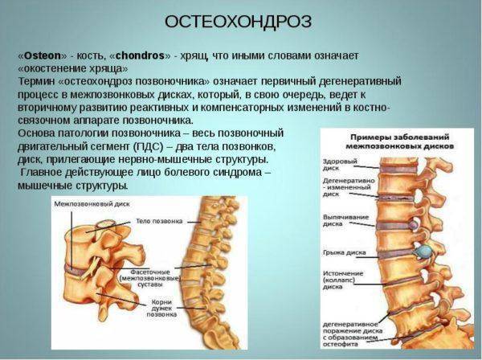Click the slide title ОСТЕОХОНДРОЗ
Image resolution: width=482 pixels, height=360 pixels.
pyautogui.click(x=239, y=22)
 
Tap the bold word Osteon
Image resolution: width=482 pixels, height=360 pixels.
pyautogui.click(x=43, y=55)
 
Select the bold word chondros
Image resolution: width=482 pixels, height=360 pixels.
pyautogui.click(x=140, y=55)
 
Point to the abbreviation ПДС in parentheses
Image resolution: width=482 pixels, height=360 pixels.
pyautogui.click(x=148, y=146)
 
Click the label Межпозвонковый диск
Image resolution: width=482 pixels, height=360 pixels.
pyautogui.click(x=92, y=204)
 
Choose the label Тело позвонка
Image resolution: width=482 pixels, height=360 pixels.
pyautogui.click(x=159, y=221)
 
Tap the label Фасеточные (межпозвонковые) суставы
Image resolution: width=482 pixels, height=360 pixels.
pyautogui.click(x=149, y=279)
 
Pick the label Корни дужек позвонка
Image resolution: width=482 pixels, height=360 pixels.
pyautogui.click(x=161, y=308)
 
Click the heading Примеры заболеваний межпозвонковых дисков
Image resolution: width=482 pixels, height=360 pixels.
pyautogui.click(x=400, y=141)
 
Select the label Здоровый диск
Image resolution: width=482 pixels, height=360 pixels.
pyautogui.click(x=340, y=165)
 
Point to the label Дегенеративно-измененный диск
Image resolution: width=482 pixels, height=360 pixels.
pyautogui.click(x=349, y=187)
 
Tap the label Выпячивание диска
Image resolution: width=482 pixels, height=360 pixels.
pyautogui.click(x=345, y=220)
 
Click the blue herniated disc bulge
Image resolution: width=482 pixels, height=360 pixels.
pyautogui.click(x=423, y=252)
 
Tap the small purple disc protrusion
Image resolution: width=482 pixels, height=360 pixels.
pyautogui.click(x=414, y=226)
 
